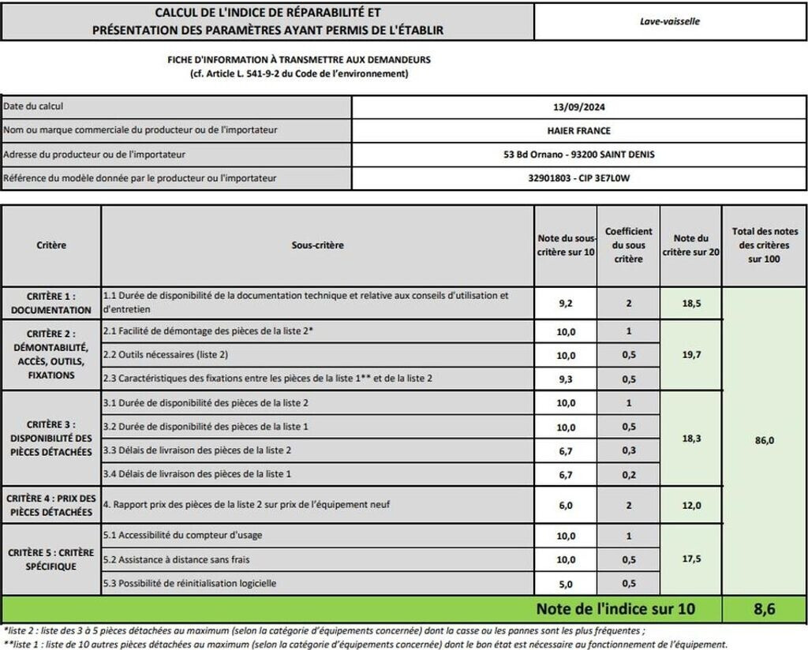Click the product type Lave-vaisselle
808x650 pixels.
point(670,22)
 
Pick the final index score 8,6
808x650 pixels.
point(764,608)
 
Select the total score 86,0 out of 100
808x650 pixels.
point(764,441)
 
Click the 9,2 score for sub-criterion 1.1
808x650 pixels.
point(566,302)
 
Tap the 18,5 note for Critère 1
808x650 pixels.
point(690,302)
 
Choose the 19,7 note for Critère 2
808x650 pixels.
point(690,355)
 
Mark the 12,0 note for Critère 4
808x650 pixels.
point(690,506)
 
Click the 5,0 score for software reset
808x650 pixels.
point(566,584)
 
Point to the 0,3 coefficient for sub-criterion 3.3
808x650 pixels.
point(628,450)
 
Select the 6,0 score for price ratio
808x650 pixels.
point(566,506)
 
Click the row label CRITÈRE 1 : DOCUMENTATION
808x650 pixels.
point(51,303)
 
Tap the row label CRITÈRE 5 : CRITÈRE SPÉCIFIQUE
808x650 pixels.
point(51,559)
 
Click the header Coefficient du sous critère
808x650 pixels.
point(628,245)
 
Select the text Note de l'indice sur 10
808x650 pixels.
point(615,608)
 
